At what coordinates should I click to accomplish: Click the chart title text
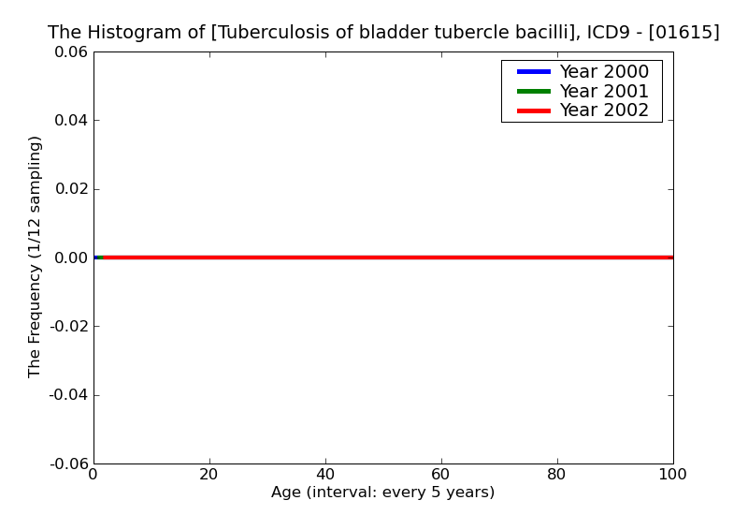click(x=383, y=33)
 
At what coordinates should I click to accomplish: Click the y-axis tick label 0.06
click(x=69, y=52)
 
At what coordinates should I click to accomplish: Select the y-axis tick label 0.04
click(x=69, y=121)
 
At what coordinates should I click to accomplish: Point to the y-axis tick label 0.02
click(x=69, y=189)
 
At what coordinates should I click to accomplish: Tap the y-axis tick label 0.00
click(x=69, y=257)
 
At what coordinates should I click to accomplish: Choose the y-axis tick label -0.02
click(x=67, y=327)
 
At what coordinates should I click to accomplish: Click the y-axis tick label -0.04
click(x=67, y=395)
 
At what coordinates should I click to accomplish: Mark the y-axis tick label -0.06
click(x=67, y=463)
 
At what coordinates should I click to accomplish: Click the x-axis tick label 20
click(x=209, y=475)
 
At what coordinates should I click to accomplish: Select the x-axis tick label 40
click(x=325, y=475)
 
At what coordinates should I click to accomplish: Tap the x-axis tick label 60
click(x=441, y=475)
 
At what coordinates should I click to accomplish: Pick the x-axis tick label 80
click(x=557, y=475)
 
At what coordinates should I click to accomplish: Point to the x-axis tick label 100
click(x=672, y=475)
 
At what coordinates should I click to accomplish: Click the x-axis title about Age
click(x=383, y=493)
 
